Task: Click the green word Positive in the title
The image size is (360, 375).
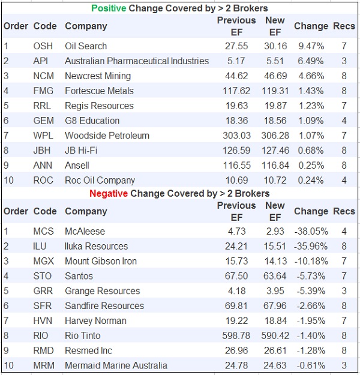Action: click(x=109, y=8)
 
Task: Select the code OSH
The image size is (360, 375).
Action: click(x=43, y=46)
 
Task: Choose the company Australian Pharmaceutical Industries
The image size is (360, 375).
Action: click(x=137, y=61)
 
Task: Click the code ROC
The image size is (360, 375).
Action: click(x=43, y=180)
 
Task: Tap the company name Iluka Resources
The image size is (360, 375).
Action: click(x=97, y=246)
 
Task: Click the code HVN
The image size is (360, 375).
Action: click(x=43, y=320)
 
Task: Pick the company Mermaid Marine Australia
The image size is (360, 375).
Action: click(x=116, y=365)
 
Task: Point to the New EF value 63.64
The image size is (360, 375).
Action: click(x=275, y=276)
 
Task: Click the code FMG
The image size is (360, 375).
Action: click(x=43, y=91)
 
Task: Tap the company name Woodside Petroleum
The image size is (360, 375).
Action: click(x=107, y=136)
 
